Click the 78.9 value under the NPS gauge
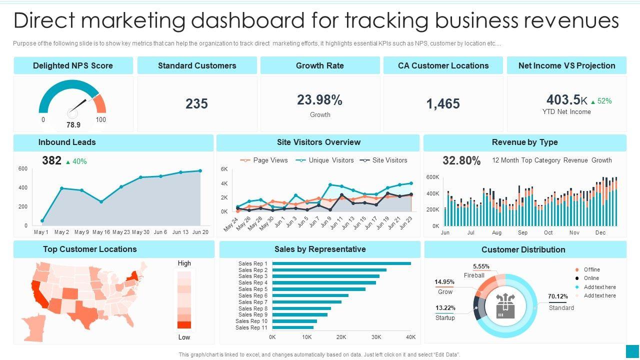(x=73, y=124)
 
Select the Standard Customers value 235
(x=196, y=104)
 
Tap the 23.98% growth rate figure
(x=319, y=100)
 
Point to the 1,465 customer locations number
(x=443, y=104)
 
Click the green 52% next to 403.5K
(x=604, y=101)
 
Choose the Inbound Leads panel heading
(x=67, y=142)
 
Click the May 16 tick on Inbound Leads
(x=101, y=232)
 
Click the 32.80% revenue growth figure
(x=461, y=160)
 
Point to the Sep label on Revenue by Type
(x=522, y=232)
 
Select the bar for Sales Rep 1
(x=342, y=263)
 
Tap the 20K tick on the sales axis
(x=341, y=337)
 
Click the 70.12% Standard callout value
(x=558, y=296)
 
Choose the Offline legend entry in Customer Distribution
(x=591, y=269)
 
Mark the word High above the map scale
(x=184, y=263)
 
